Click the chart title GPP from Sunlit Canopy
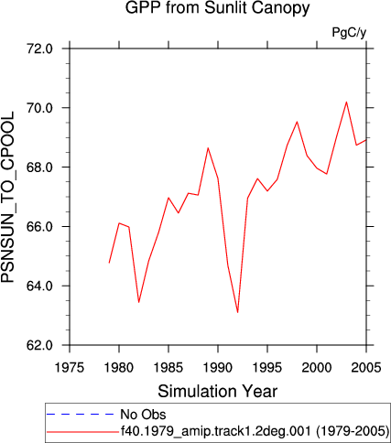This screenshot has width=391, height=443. pyautogui.click(x=217, y=8)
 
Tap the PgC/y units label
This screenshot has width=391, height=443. pyautogui.click(x=349, y=32)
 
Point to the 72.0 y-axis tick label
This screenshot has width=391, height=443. pyautogui.click(x=40, y=49)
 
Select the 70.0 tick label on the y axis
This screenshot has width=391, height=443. pyautogui.click(x=40, y=108)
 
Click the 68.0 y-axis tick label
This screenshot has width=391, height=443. pyautogui.click(x=40, y=167)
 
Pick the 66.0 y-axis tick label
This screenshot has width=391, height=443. pyautogui.click(x=40, y=227)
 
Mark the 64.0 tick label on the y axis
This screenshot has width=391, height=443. pyautogui.click(x=40, y=286)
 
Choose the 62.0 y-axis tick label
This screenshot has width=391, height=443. pyautogui.click(x=40, y=345)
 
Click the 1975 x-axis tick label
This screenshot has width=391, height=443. pyautogui.click(x=70, y=367)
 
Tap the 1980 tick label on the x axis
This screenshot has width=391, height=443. pyautogui.click(x=119, y=367)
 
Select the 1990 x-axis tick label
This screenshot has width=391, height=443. pyautogui.click(x=218, y=367)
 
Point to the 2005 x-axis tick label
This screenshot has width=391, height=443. pyautogui.click(x=366, y=367)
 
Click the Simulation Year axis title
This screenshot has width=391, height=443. pyautogui.click(x=218, y=391)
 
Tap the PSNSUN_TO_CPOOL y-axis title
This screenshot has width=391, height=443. pyautogui.click(x=7, y=197)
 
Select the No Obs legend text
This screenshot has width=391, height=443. pyautogui.click(x=143, y=415)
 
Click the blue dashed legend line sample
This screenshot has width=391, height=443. pyautogui.click(x=80, y=414)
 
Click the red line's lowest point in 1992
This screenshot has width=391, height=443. pyautogui.click(x=238, y=312)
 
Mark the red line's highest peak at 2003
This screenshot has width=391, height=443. pyautogui.click(x=346, y=102)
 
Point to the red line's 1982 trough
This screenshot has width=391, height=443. pyautogui.click(x=139, y=302)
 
